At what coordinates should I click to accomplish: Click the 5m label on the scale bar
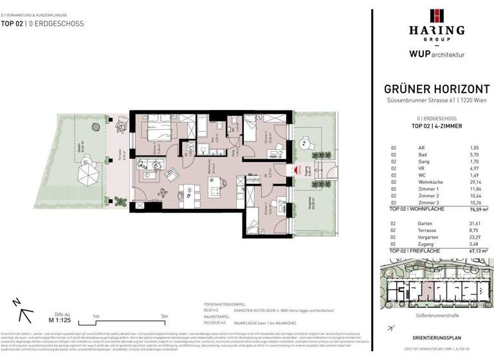pos(164,316)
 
